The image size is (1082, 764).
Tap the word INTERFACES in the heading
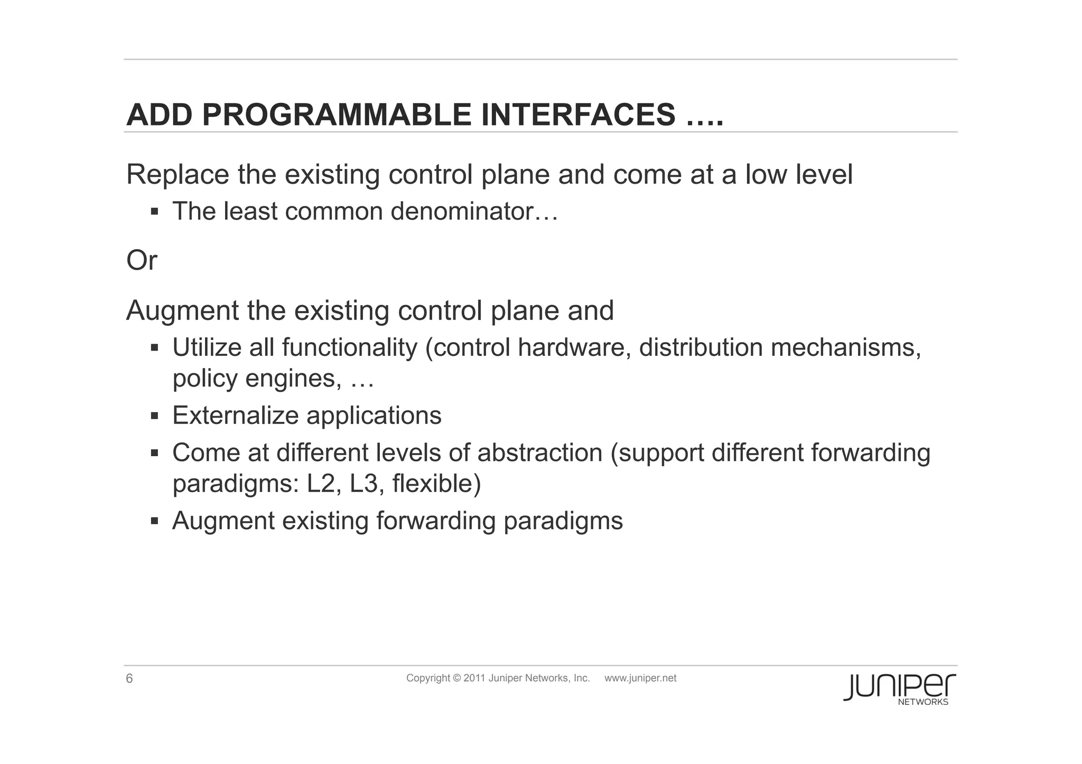(x=577, y=115)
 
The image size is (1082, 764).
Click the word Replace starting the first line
(x=178, y=174)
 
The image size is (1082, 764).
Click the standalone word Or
(x=142, y=260)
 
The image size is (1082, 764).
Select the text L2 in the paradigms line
(x=321, y=484)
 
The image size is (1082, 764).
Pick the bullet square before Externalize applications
(x=154, y=416)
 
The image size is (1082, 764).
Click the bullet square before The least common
(x=154, y=212)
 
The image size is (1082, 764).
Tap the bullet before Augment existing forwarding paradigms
(x=154, y=521)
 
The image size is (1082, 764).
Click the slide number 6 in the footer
(x=129, y=679)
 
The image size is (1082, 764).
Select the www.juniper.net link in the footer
(x=640, y=678)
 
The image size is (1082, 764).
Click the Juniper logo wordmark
(x=899, y=686)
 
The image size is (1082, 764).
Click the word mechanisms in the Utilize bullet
(x=845, y=348)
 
